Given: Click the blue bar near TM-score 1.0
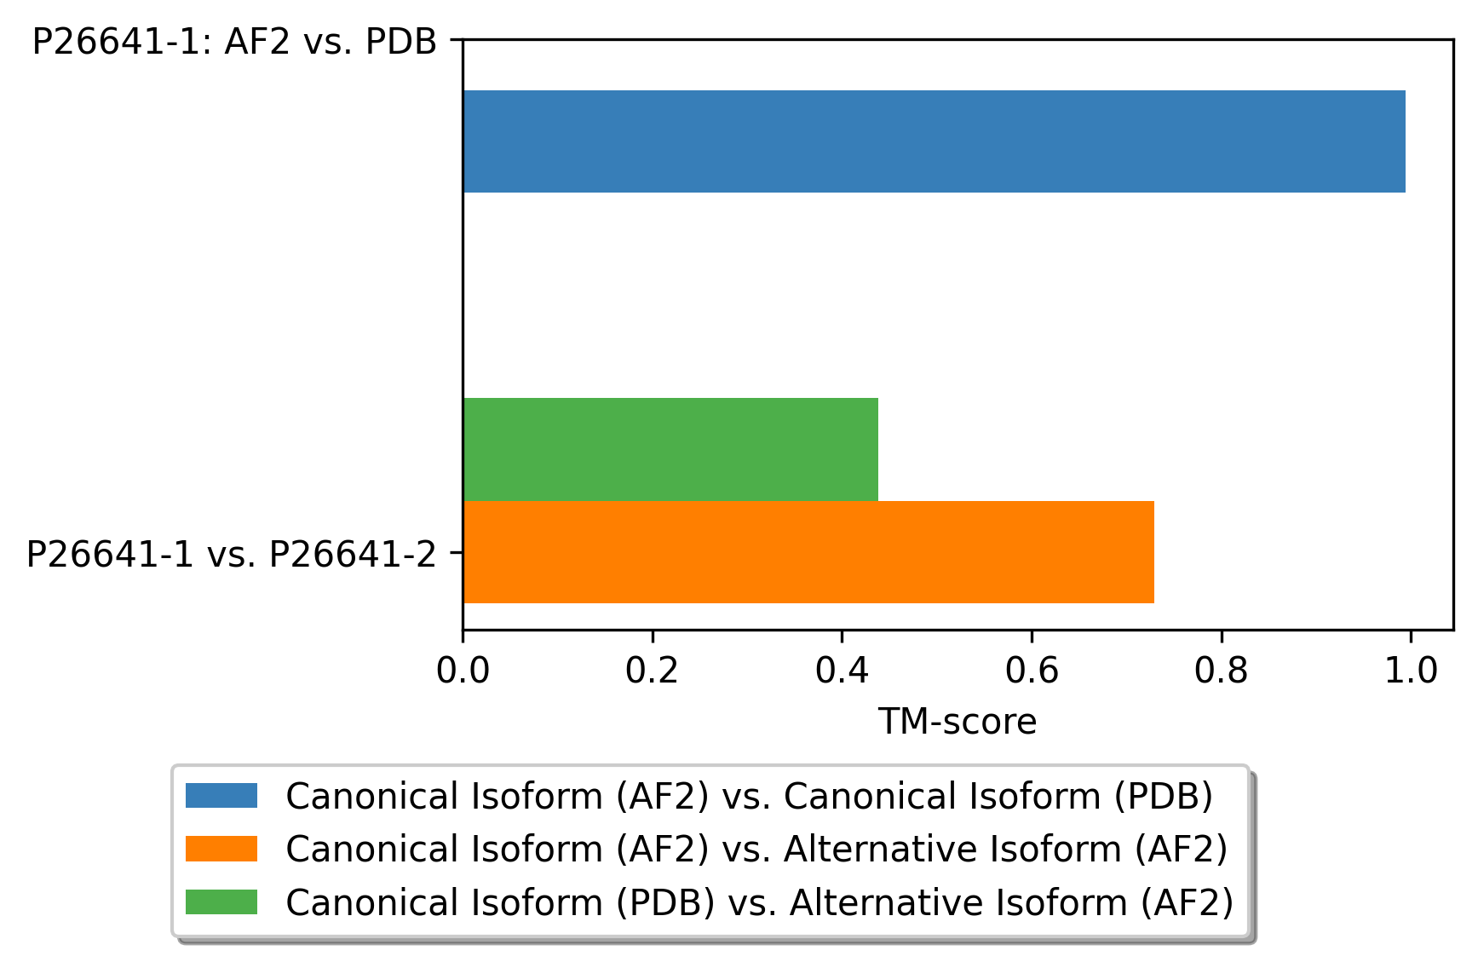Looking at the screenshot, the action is (x=934, y=141).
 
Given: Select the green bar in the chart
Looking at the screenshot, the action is (x=670, y=449).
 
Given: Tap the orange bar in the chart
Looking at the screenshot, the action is (x=808, y=552).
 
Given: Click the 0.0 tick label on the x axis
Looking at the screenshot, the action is (x=463, y=671).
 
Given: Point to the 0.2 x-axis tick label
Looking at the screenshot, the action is (x=652, y=671).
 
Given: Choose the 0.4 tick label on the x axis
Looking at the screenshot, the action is (x=842, y=671).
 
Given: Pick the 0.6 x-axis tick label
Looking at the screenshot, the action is (x=1032, y=671).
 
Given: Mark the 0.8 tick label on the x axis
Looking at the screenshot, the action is (x=1221, y=671).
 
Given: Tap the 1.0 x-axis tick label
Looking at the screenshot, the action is (x=1411, y=671).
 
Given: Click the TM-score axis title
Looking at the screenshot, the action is (x=958, y=723).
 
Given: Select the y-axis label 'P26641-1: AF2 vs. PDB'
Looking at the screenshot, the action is (x=234, y=42).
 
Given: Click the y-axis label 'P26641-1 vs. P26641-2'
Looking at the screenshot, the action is (x=231, y=555).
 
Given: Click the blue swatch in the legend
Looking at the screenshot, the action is (x=221, y=796).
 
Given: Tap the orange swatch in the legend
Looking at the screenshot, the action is (x=221, y=849).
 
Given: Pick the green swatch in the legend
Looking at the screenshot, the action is (x=221, y=902).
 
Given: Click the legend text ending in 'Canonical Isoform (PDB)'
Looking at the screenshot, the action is (x=750, y=797).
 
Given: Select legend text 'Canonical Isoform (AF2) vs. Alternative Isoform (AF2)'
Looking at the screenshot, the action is (x=756, y=850).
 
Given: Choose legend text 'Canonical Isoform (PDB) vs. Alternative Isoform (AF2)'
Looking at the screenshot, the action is (x=760, y=902).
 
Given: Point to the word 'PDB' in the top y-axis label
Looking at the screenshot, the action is (x=400, y=42).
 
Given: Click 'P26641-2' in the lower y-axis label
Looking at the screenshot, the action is (x=353, y=555).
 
